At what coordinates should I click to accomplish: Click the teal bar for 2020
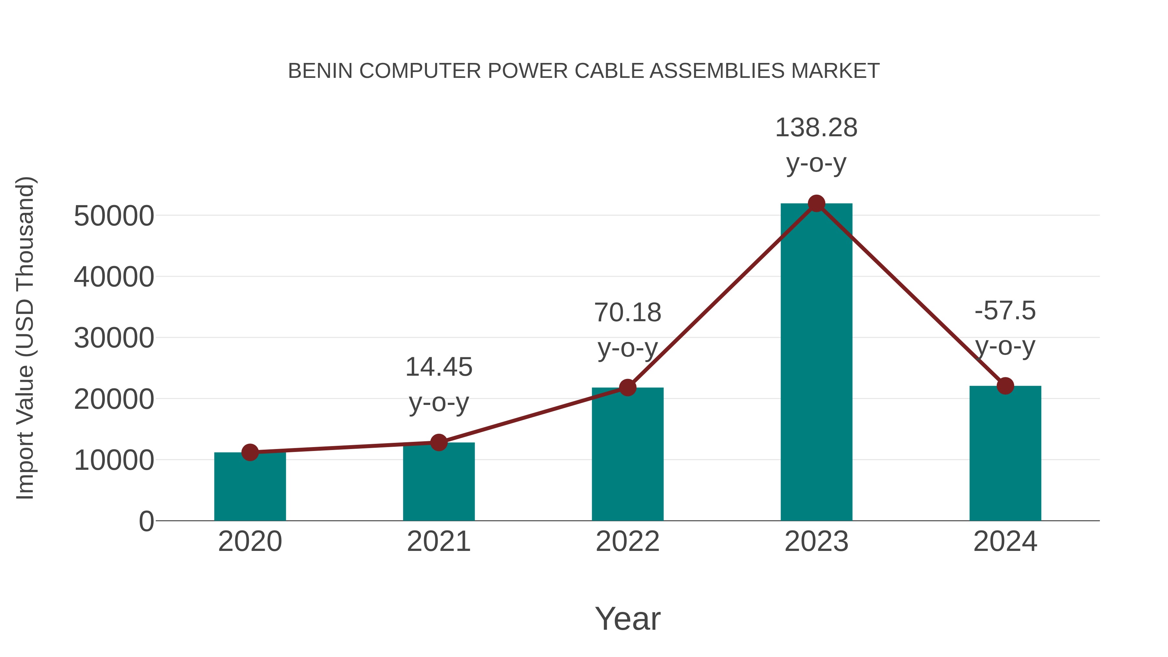250,487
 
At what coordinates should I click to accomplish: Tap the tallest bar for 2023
816,363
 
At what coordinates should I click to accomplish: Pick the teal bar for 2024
1005,454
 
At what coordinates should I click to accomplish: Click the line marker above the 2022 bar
627,388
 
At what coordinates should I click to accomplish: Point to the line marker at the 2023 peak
816,203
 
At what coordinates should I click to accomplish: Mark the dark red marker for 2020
250,452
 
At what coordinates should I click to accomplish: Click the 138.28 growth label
816,128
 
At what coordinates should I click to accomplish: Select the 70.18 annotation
627,313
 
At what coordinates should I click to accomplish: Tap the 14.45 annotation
438,367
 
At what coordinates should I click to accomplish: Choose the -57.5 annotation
1005,311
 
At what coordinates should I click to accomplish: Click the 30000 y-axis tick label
114,338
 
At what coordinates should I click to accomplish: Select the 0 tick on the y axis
146,521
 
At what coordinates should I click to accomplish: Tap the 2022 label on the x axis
627,541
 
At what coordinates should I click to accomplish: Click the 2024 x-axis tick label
1005,541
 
